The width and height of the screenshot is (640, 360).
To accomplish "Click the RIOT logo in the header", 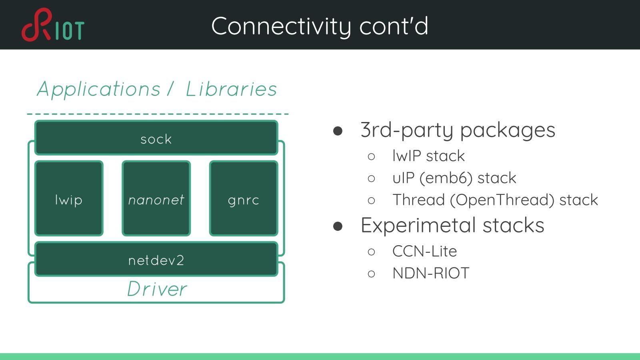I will (53, 25).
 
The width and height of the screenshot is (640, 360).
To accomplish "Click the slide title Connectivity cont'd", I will (320, 26).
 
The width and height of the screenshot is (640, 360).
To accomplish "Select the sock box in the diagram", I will (156, 138).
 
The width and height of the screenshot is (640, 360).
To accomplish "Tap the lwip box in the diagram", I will (69, 199).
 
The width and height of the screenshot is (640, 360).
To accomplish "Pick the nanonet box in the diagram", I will (156, 199).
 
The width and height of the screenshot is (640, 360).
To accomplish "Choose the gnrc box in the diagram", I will (243, 199).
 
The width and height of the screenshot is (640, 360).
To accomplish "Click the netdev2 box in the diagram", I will (156, 260).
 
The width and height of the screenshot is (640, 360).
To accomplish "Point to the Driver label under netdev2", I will (157, 289).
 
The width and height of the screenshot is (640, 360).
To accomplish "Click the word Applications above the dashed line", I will (98, 89).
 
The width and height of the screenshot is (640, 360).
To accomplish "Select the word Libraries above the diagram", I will (231, 89).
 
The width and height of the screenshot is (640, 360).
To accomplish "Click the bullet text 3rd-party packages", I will (458, 130).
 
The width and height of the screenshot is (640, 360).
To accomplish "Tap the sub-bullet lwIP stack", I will (428, 156).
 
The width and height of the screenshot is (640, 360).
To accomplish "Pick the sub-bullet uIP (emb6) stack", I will (454, 178).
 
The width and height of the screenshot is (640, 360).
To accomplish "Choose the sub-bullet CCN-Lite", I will (424, 251).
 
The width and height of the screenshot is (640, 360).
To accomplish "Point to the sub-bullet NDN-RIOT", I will (430, 273).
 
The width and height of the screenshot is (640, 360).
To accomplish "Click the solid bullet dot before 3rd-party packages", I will (338, 131).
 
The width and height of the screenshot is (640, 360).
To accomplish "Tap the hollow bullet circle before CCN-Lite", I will (371, 252).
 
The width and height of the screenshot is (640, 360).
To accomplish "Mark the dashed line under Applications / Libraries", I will (158, 114).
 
